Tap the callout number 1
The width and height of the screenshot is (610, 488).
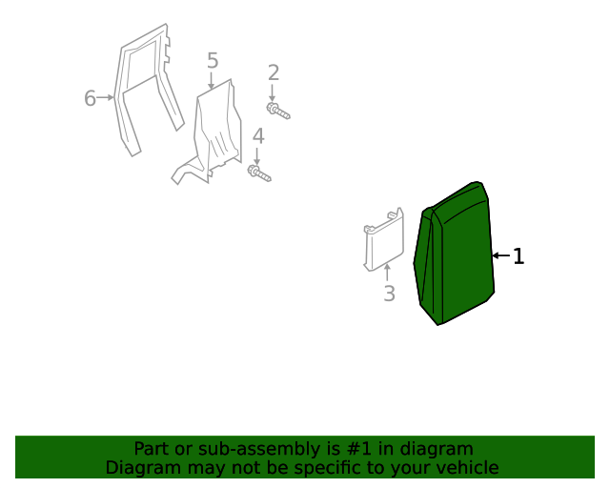[518, 256]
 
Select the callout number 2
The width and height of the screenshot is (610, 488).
[274, 72]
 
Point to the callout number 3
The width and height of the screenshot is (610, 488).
[389, 294]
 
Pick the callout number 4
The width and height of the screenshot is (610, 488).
[258, 136]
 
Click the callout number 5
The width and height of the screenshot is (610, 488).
[213, 61]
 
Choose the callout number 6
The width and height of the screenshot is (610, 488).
[91, 97]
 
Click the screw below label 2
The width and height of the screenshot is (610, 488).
[278, 112]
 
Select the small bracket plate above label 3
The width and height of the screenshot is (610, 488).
[382, 243]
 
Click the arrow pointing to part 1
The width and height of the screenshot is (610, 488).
[500, 256]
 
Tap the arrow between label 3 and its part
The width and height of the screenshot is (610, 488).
[387, 273]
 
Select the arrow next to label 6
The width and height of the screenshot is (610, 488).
[107, 97]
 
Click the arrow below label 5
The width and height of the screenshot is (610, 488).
[212, 82]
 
